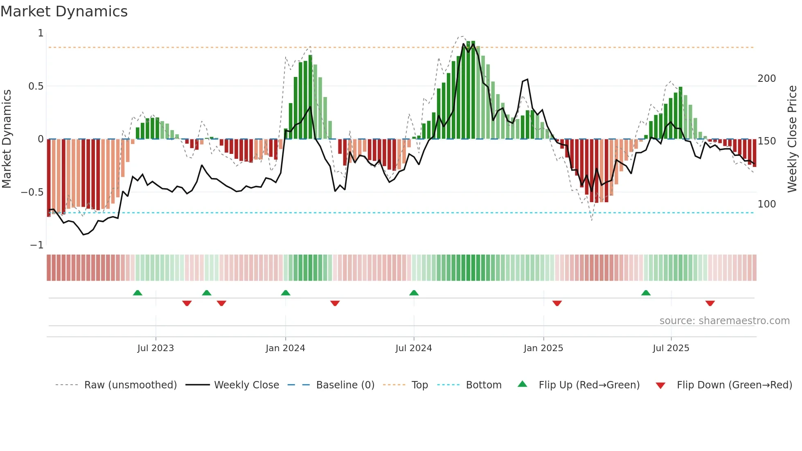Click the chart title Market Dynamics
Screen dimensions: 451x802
click(64, 11)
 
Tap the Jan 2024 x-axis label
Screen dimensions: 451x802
click(285, 348)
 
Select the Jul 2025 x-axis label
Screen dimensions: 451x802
click(671, 348)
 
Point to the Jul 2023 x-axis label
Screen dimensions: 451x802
click(155, 348)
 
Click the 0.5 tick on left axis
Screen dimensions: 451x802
click(36, 86)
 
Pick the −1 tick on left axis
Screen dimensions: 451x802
click(36, 245)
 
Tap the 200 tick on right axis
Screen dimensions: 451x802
click(766, 79)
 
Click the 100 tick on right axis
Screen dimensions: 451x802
click(766, 204)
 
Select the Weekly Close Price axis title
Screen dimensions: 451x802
click(792, 139)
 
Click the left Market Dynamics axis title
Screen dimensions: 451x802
click(7, 139)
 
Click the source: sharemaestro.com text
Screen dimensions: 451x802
click(724, 321)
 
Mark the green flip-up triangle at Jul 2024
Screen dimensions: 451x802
click(414, 293)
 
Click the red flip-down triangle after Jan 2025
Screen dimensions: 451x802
click(557, 303)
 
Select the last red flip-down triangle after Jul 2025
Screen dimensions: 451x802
click(710, 303)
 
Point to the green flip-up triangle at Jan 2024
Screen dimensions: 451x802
click(286, 293)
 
